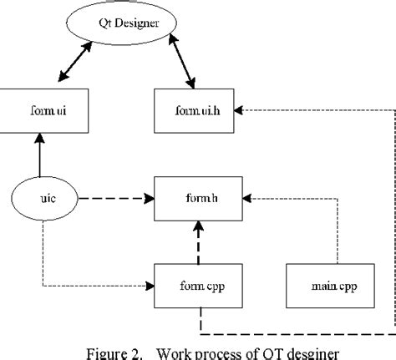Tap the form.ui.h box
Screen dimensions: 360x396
pos(195,109)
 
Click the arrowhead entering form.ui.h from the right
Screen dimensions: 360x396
pos(239,109)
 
